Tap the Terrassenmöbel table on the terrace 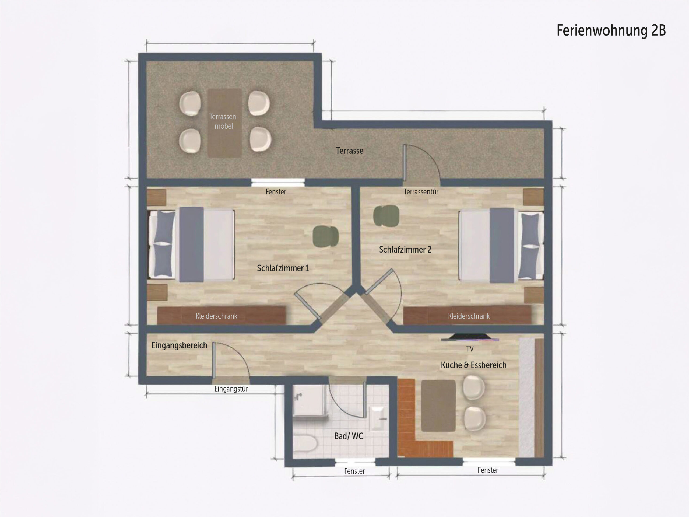(x=224, y=123)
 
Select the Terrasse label (x=350, y=151)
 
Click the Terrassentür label (x=421, y=192)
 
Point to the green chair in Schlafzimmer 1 (x=325, y=236)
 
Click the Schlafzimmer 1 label (x=283, y=268)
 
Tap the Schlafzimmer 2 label (x=405, y=249)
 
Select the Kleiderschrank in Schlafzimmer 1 (x=222, y=315)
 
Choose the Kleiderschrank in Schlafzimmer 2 (x=467, y=315)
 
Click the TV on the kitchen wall (x=470, y=337)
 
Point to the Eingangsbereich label (x=180, y=345)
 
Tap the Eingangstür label (x=231, y=389)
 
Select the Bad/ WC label (x=349, y=436)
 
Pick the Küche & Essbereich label (x=473, y=365)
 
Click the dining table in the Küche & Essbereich (x=438, y=406)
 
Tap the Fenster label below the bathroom (x=354, y=471)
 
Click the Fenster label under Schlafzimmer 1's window (x=276, y=192)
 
